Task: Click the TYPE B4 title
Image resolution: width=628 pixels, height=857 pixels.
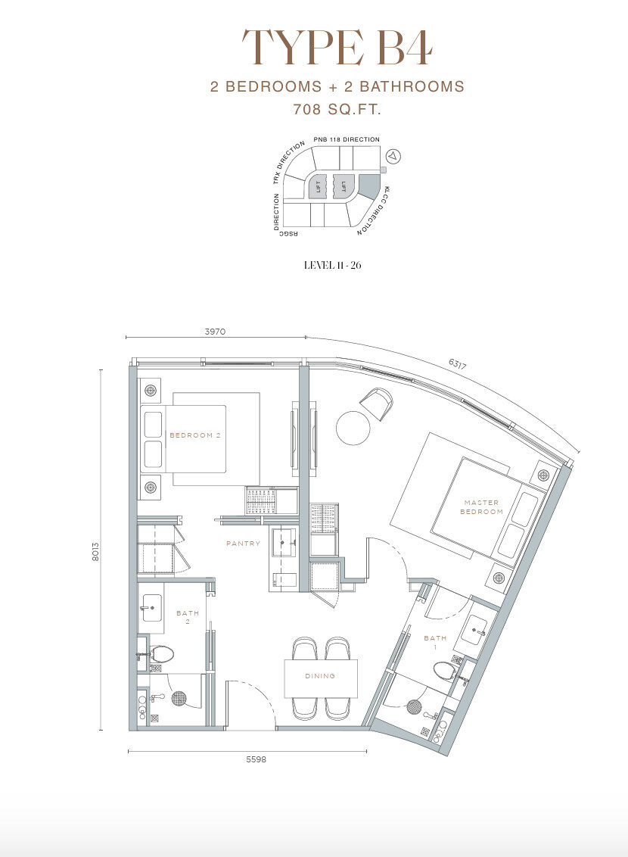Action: tap(337, 48)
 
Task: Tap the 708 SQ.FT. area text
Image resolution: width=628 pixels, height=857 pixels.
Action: tap(337, 109)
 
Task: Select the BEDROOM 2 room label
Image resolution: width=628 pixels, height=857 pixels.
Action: tap(195, 435)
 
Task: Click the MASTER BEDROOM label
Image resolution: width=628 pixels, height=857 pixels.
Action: tap(482, 507)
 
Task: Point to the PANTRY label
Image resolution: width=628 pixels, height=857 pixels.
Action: tap(244, 544)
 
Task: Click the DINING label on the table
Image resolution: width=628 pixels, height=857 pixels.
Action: tap(320, 676)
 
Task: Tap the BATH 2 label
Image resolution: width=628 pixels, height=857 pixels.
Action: tap(188, 617)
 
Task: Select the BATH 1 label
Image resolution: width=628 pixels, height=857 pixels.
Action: tap(435, 642)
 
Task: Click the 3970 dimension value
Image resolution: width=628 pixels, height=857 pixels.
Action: tap(215, 332)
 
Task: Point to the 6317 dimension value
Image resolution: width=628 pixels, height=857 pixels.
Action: tap(457, 364)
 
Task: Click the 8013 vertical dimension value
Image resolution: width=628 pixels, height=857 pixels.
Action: tap(96, 552)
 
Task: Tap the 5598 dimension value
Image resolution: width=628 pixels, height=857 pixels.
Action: tap(256, 759)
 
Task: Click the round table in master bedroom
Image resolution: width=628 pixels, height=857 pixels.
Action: tap(353, 427)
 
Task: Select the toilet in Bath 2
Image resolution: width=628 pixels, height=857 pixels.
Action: tap(161, 653)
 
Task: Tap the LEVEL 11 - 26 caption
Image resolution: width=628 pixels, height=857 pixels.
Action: tap(333, 266)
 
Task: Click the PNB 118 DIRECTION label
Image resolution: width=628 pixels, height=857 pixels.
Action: tap(347, 139)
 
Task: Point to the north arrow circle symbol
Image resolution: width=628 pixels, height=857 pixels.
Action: tap(393, 156)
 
